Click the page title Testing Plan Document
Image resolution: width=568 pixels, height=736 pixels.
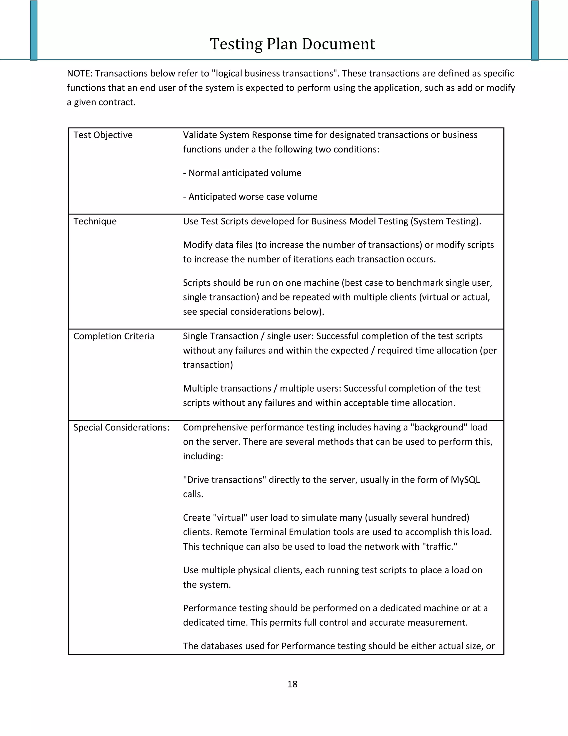[x=292, y=44]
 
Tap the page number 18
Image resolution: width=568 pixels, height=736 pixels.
[x=292, y=684]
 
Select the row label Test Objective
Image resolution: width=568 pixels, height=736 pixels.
[x=103, y=135]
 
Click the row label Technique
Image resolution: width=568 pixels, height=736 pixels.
[x=95, y=221]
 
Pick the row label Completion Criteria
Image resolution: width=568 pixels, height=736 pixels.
[x=114, y=336]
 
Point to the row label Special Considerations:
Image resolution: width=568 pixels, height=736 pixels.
[x=121, y=428]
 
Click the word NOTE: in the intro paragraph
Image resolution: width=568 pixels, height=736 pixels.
[x=79, y=74]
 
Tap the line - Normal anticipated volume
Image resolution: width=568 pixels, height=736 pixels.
[x=242, y=173]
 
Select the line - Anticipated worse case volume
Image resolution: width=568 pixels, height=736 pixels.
[x=250, y=197]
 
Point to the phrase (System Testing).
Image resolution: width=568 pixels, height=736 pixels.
[x=445, y=221]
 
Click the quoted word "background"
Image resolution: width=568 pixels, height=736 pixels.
[x=438, y=428]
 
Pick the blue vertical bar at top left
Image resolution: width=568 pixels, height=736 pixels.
[x=34, y=30]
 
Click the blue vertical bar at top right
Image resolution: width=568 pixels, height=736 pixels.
[x=535, y=30]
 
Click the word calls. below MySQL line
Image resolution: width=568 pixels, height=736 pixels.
[x=193, y=494]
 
